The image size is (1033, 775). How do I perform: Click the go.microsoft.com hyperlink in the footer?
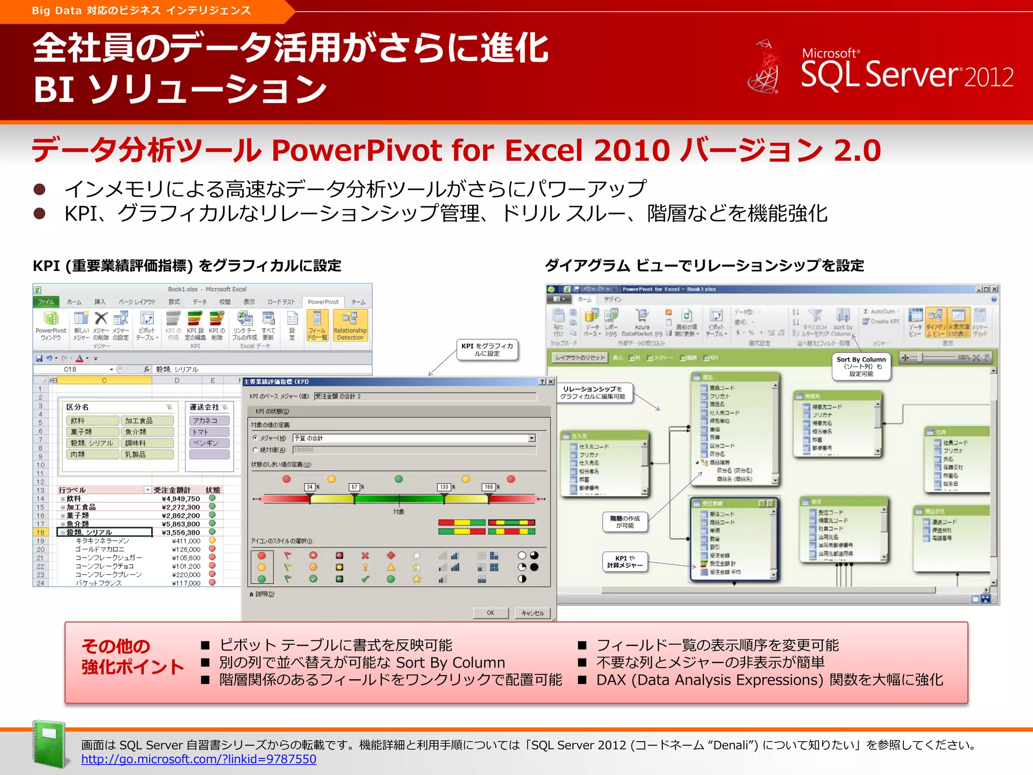point(199,759)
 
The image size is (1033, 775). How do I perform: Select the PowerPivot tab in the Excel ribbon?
point(323,302)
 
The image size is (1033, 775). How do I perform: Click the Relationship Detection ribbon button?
point(350,326)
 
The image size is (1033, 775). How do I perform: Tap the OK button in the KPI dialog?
point(490,613)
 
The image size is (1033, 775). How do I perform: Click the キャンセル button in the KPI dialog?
point(533,613)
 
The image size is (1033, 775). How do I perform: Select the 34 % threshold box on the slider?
point(310,487)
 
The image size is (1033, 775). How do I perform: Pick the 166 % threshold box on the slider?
point(489,487)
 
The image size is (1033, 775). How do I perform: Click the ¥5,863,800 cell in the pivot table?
point(181,524)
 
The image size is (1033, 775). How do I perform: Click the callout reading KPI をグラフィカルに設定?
point(487,349)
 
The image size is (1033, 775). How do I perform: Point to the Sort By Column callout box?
point(860,366)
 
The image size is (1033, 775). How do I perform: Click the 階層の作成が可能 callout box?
point(624,522)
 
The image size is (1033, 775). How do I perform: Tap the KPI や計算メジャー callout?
point(624,562)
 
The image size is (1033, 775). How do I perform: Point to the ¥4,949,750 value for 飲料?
point(181,499)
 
